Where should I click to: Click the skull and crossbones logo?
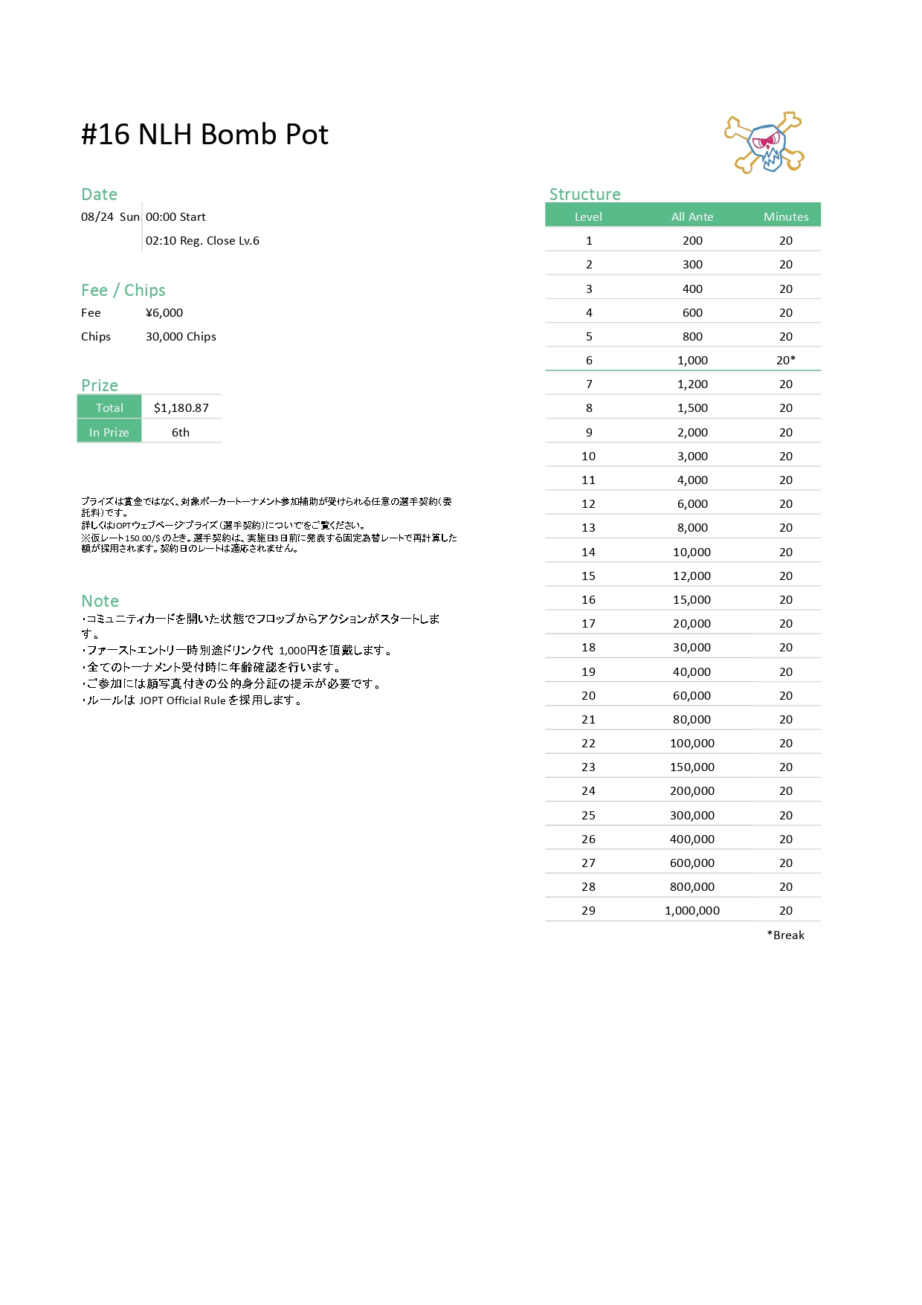click(x=764, y=143)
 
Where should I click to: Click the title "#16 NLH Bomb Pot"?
click(x=204, y=135)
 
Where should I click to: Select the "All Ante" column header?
click(x=691, y=216)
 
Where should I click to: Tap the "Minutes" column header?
click(x=785, y=216)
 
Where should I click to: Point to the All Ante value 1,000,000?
click(x=691, y=910)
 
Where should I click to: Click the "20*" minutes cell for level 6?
click(x=785, y=360)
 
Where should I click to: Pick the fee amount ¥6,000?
click(x=164, y=312)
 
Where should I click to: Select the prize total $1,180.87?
click(x=181, y=407)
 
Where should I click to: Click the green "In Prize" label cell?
click(x=109, y=432)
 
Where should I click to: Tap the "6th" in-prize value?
click(x=181, y=432)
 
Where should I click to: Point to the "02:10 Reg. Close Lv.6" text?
click(x=202, y=240)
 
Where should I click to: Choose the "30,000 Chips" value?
click(x=181, y=336)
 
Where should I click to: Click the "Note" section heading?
click(x=100, y=601)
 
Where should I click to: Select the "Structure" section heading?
click(x=584, y=194)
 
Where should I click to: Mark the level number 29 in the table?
click(x=588, y=910)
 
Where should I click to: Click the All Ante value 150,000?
click(x=691, y=767)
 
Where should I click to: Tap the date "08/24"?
click(x=97, y=216)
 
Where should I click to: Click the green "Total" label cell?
click(x=109, y=407)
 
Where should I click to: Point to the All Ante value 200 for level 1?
click(x=692, y=240)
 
